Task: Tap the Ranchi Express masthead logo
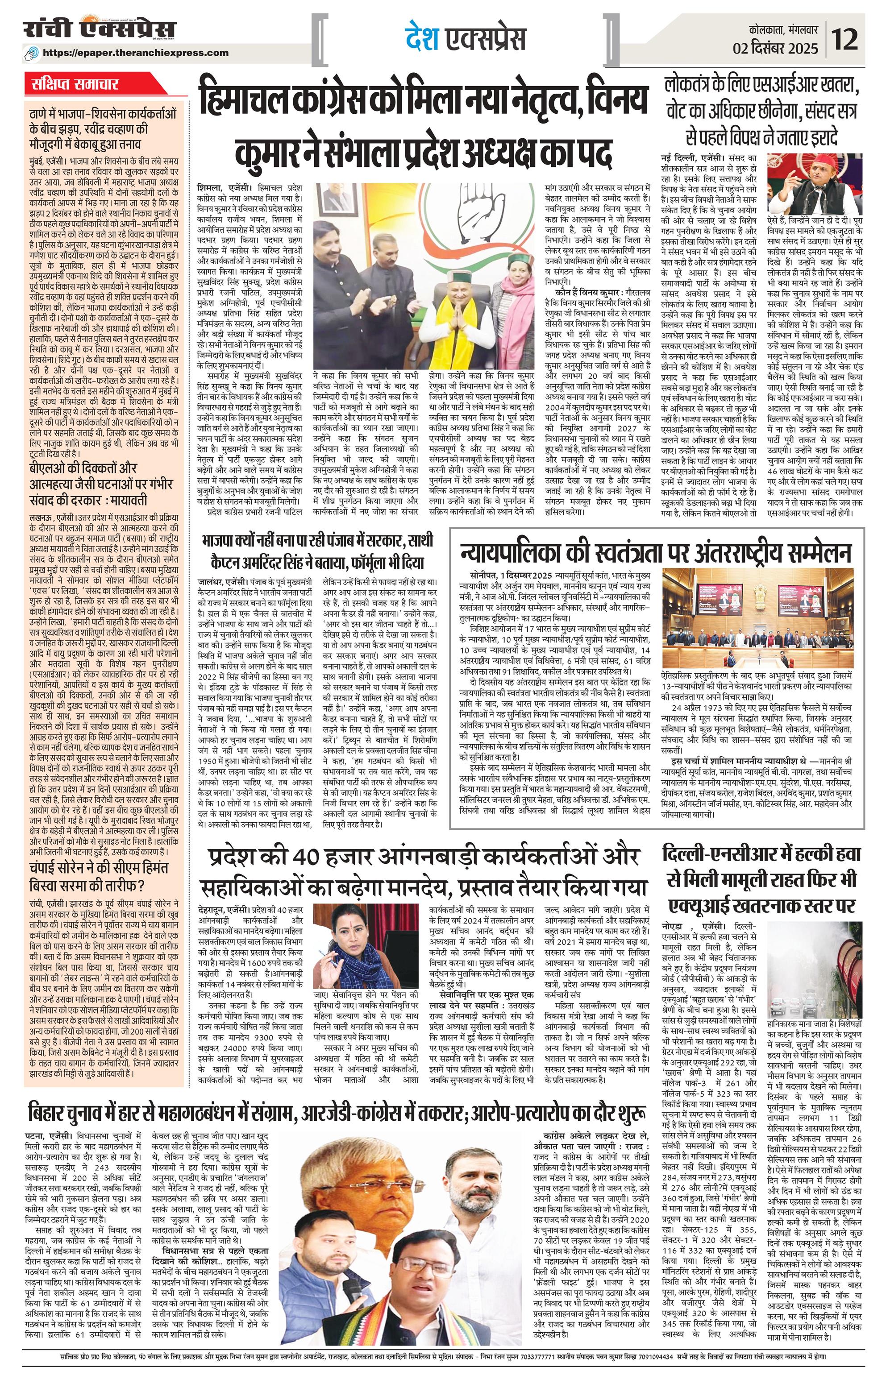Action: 99,29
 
